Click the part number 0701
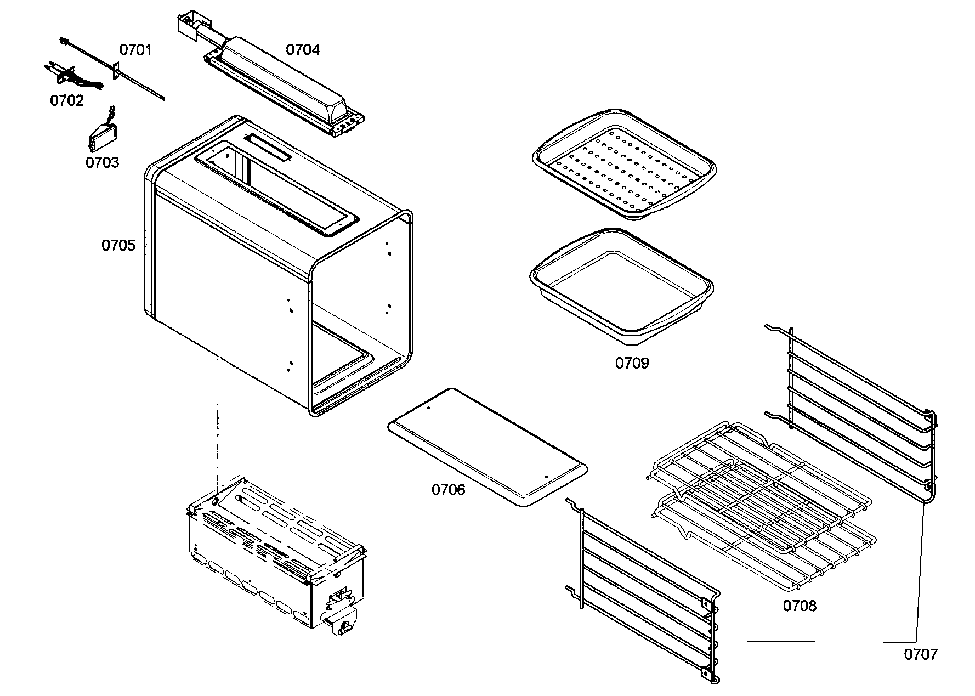tap(135, 50)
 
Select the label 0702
tap(66, 101)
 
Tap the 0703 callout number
tap(102, 162)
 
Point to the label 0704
tap(303, 50)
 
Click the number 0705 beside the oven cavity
tap(118, 245)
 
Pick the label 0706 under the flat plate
tap(448, 490)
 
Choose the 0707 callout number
tap(921, 654)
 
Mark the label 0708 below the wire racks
tap(799, 606)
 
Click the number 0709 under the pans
tap(632, 363)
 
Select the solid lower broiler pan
tap(621, 285)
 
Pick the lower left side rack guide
tap(647, 592)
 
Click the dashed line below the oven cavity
tap(218, 422)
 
